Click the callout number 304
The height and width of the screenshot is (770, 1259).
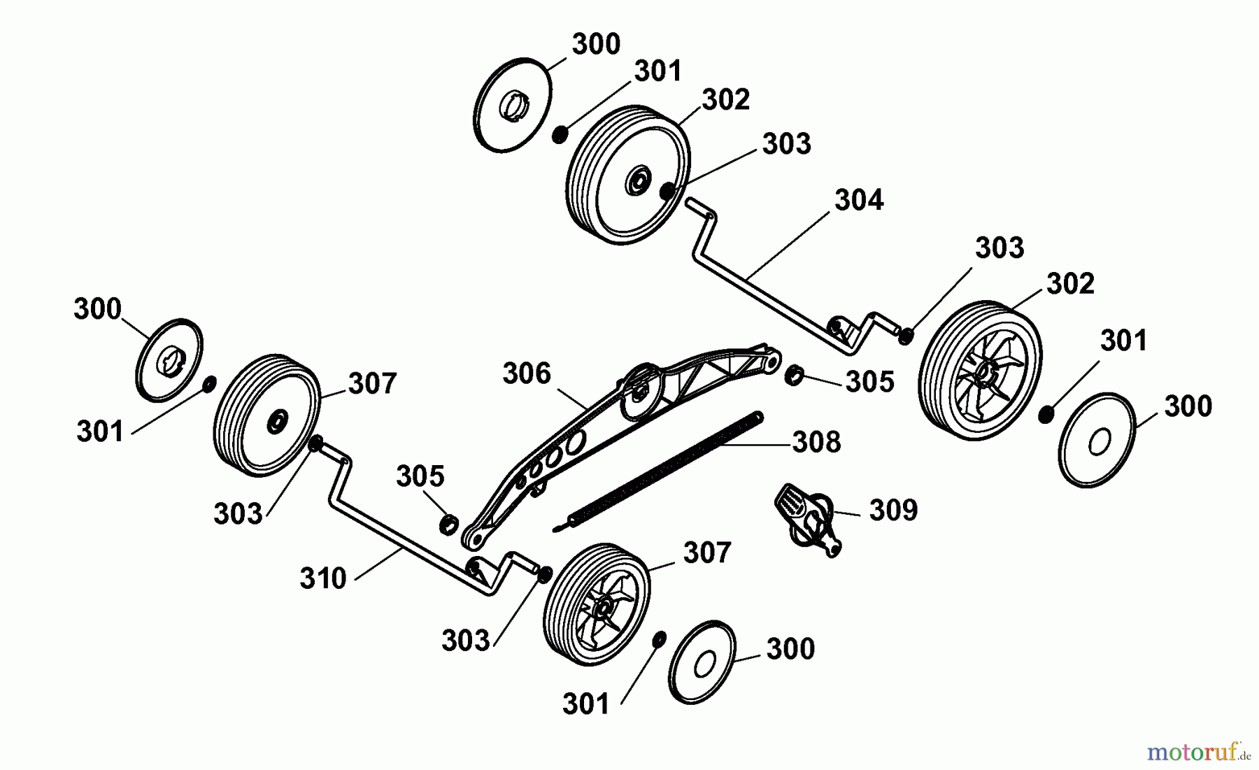pyautogui.click(x=859, y=200)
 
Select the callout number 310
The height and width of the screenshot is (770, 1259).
pyautogui.click(x=323, y=578)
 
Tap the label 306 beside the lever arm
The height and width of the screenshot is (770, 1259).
pyautogui.click(x=527, y=373)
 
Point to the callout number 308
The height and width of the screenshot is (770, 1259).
pyautogui.click(x=816, y=442)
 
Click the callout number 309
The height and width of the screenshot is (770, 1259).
pyautogui.click(x=893, y=510)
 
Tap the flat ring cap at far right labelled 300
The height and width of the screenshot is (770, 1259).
pyautogui.click(x=1097, y=439)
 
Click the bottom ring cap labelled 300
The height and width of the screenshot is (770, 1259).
pyautogui.click(x=702, y=661)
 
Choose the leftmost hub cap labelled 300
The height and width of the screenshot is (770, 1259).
pyautogui.click(x=169, y=360)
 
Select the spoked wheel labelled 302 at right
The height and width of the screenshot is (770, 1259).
pyautogui.click(x=980, y=370)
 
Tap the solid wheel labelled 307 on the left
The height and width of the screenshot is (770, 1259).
pyautogui.click(x=266, y=415)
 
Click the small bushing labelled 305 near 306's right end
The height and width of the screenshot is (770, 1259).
pyautogui.click(x=794, y=376)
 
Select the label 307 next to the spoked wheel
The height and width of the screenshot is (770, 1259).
pyautogui.click(x=707, y=552)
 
